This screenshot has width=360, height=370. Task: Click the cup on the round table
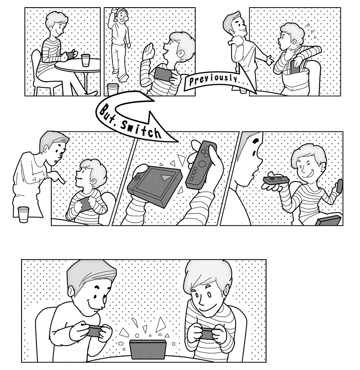(86, 60)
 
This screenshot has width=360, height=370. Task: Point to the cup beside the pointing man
(24, 214)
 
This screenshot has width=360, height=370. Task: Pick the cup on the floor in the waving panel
(112, 89)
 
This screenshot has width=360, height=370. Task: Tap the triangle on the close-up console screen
(165, 177)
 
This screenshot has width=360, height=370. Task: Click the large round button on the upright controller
(202, 163)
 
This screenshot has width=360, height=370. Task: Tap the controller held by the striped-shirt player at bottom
(204, 334)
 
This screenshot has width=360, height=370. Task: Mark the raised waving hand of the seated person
(149, 51)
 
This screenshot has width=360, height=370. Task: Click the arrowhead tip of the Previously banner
(256, 92)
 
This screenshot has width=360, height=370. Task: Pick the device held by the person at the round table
(70, 55)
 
